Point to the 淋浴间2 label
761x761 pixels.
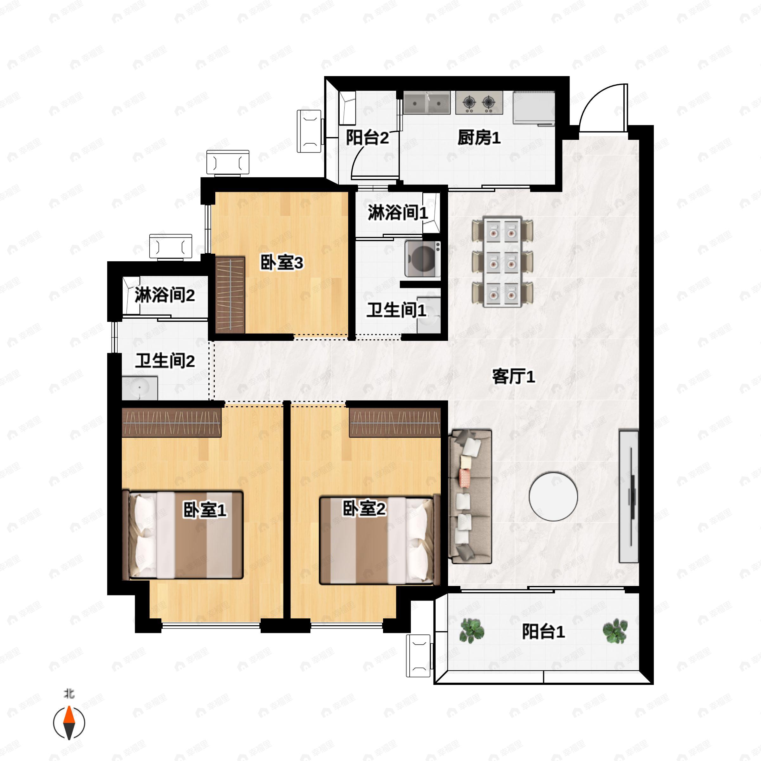click(x=165, y=295)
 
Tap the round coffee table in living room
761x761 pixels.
click(x=553, y=496)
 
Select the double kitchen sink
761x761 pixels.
click(x=426, y=103)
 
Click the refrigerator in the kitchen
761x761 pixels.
click(x=534, y=108)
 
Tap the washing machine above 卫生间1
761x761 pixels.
click(x=423, y=259)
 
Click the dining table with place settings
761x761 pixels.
click(x=502, y=262)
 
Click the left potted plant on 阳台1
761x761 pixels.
click(x=472, y=630)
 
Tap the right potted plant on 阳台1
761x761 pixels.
click(x=615, y=631)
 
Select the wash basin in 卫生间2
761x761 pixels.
click(x=140, y=388)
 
